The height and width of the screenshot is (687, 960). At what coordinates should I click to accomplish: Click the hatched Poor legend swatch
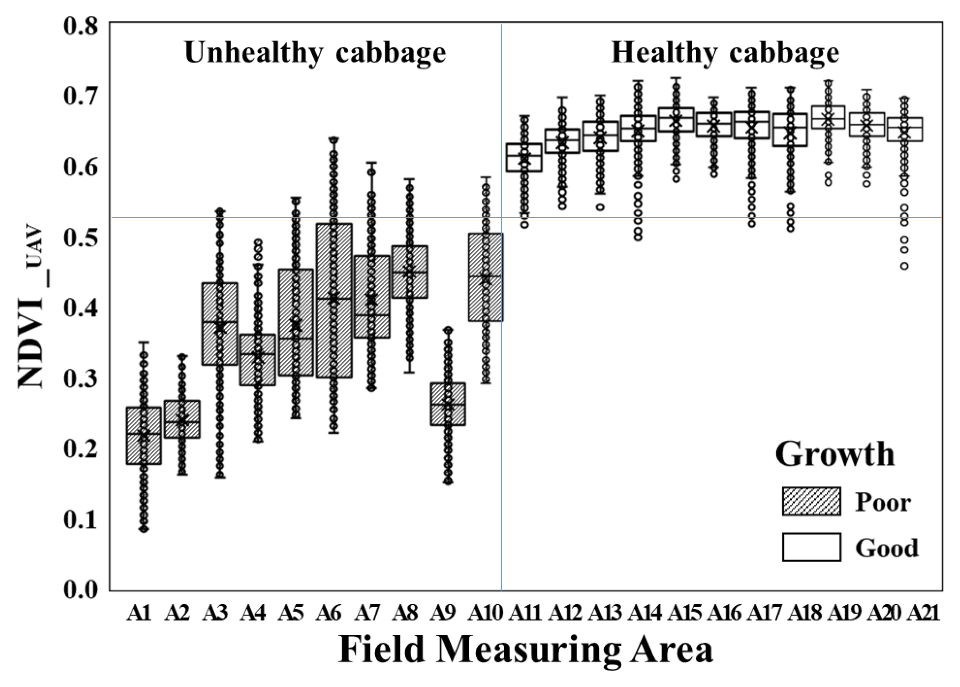pyautogui.click(x=811, y=501)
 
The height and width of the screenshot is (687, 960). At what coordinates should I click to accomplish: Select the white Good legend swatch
pyautogui.click(x=811, y=547)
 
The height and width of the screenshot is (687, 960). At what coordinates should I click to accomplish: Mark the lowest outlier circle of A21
pyautogui.click(x=905, y=266)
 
